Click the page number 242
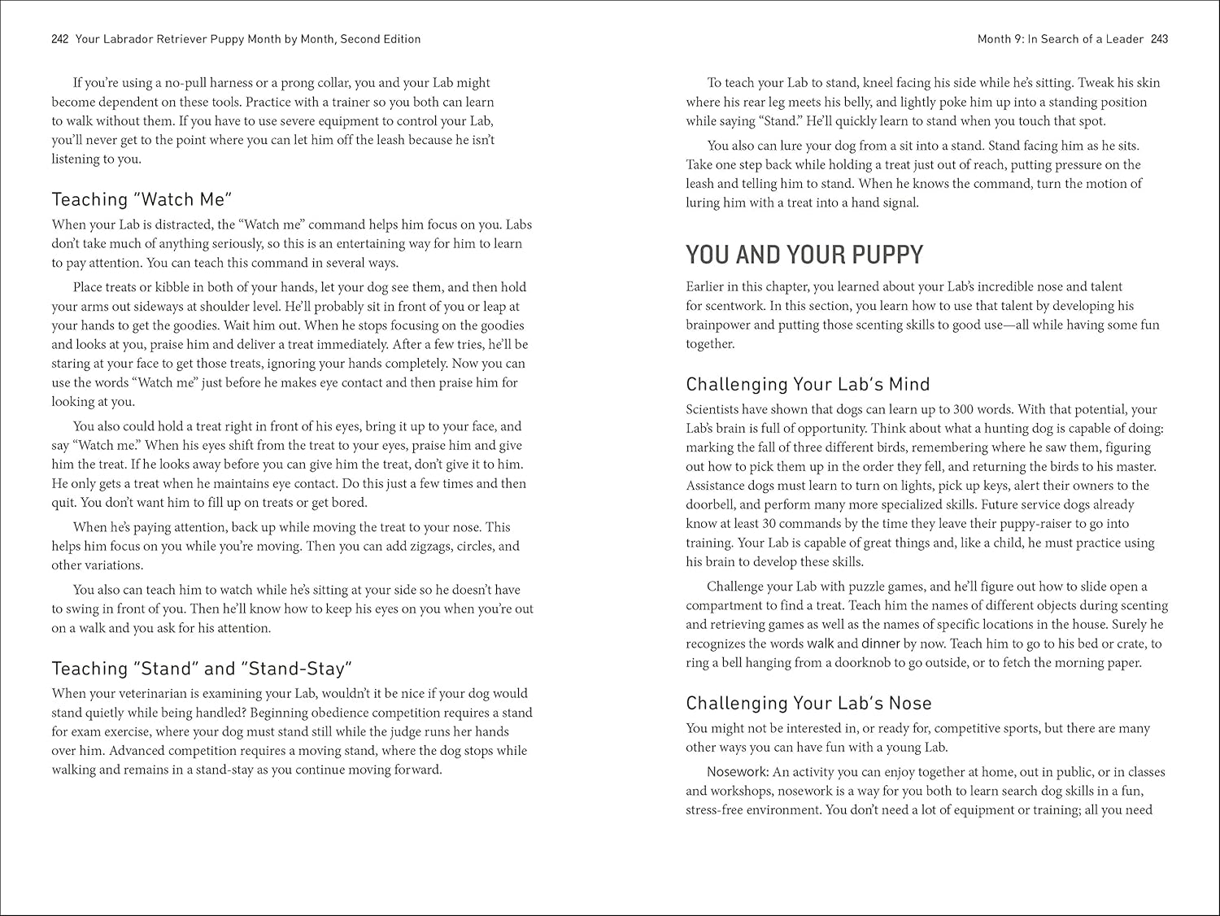pyautogui.click(x=59, y=39)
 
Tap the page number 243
pyautogui.click(x=1160, y=39)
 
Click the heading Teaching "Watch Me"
pyautogui.click(x=142, y=199)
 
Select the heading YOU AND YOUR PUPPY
pyautogui.click(x=804, y=255)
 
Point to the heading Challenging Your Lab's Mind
pyautogui.click(x=808, y=384)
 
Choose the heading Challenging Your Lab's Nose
pyautogui.click(x=808, y=703)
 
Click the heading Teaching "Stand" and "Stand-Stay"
pyautogui.click(x=202, y=669)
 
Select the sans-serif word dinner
pyautogui.click(x=880, y=644)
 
